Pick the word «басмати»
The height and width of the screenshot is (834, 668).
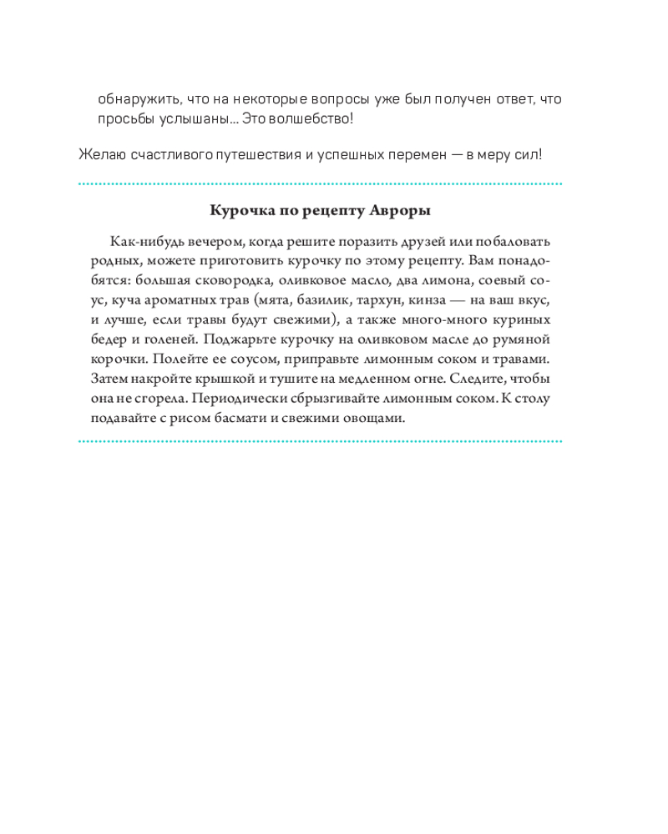point(248,420)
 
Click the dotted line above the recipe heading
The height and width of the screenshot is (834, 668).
point(320,184)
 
